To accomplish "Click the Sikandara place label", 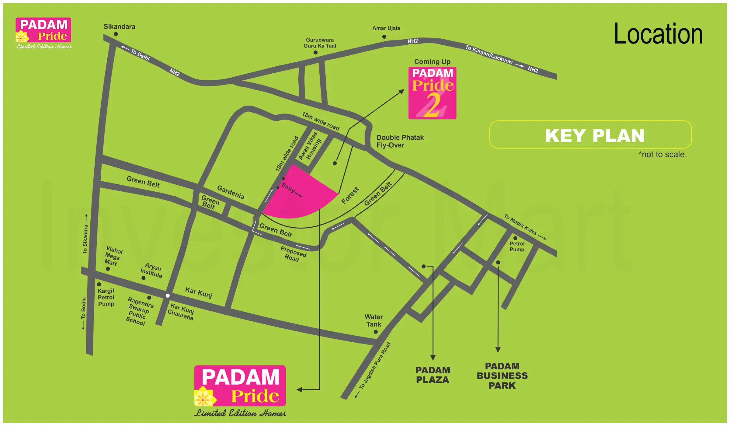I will (x=119, y=27).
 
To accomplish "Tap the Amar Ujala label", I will (x=386, y=28).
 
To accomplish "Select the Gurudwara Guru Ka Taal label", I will (x=320, y=43).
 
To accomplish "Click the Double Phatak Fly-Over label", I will (x=400, y=141).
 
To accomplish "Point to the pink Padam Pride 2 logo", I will (x=432, y=93).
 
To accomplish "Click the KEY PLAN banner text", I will (x=595, y=136).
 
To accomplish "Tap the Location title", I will (x=658, y=34).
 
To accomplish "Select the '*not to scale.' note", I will (x=662, y=155).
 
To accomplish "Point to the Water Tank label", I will (x=374, y=321).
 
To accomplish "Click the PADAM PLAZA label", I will (x=433, y=375).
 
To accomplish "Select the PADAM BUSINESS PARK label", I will (x=502, y=376).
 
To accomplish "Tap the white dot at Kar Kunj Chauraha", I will (x=168, y=295).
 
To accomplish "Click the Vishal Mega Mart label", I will (x=113, y=256).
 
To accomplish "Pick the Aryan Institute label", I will (x=151, y=271).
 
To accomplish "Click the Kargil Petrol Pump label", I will (x=106, y=297).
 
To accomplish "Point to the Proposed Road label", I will (x=293, y=254).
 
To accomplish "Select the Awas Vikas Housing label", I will (x=310, y=146).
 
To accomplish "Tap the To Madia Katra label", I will (x=520, y=224).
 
